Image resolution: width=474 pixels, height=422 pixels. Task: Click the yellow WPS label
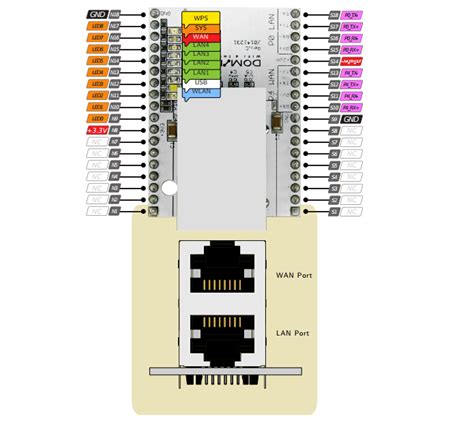click(201, 18)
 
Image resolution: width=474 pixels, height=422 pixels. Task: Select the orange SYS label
click(201, 27)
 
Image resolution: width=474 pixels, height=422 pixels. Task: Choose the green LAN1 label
click(201, 72)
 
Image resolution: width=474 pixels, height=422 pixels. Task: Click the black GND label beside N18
click(97, 16)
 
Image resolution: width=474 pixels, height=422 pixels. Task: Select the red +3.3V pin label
click(97, 130)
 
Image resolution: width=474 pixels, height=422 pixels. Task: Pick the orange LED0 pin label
click(97, 118)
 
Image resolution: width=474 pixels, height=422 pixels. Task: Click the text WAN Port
click(294, 273)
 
